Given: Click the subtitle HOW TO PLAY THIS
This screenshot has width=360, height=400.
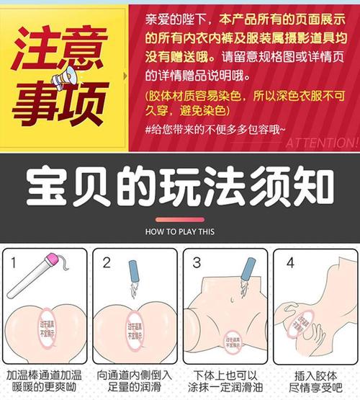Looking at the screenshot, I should tap(180, 232).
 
